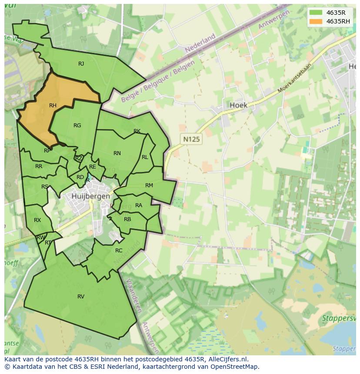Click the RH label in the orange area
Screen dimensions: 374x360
click(53, 106)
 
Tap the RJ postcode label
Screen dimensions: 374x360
click(81, 64)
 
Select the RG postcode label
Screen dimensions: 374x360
click(77, 126)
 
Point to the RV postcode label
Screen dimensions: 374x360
click(81, 297)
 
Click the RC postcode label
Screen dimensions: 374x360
click(119, 251)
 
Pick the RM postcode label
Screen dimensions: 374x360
click(149, 185)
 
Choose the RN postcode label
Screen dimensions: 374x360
click(117, 153)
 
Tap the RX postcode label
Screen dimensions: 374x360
click(37, 220)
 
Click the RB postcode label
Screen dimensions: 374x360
click(127, 219)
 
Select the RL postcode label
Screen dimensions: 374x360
click(145, 157)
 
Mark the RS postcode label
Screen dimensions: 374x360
click(45, 187)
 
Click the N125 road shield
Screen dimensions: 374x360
click(192, 139)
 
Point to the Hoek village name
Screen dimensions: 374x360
click(238, 105)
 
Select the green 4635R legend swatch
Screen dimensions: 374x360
click(316, 13)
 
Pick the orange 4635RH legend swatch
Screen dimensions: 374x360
click(316, 21)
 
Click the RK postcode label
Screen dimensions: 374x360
click(137, 131)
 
